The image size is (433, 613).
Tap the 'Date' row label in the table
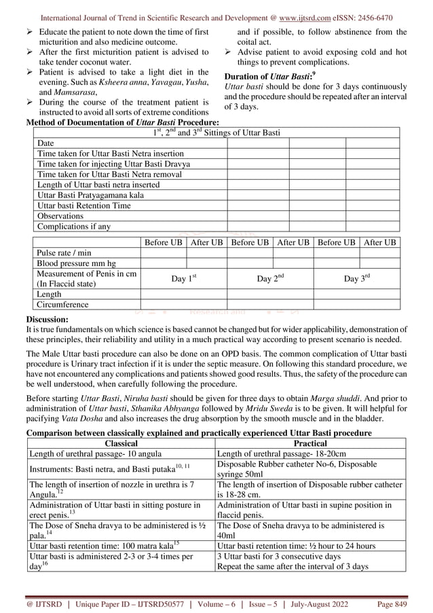click(x=45, y=143)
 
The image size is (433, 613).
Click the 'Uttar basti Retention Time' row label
click(x=83, y=205)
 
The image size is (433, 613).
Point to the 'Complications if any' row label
click(x=73, y=226)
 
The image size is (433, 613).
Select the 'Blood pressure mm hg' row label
click(x=76, y=263)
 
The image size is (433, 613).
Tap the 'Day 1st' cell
click(x=183, y=278)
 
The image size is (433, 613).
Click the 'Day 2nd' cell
click(x=270, y=278)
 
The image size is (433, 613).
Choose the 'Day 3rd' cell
click(x=357, y=278)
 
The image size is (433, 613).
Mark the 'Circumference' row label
click(x=62, y=305)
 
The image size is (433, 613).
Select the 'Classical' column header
click(x=120, y=442)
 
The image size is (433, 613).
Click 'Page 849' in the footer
click(x=387, y=603)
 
